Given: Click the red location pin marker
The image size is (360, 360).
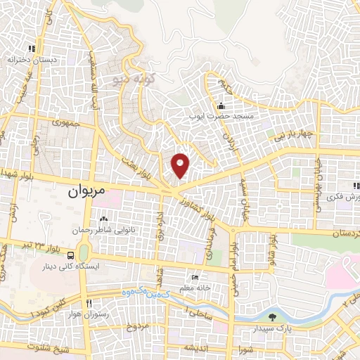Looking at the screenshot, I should click(x=181, y=165).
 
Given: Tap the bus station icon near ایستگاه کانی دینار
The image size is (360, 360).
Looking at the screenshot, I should click(x=71, y=255).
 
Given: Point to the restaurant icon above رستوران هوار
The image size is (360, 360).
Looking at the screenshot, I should click(x=89, y=302).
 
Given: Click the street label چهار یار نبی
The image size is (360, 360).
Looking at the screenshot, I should click(x=299, y=134).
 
